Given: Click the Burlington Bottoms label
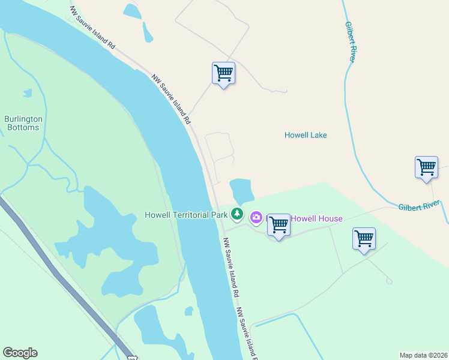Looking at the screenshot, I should click(23, 123).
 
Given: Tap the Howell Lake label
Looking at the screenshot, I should click(306, 135).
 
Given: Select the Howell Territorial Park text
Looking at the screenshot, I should click(186, 214).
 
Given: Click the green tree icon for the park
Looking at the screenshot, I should click(237, 214).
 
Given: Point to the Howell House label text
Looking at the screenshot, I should click(316, 218).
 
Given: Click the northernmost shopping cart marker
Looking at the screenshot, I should click(223, 73).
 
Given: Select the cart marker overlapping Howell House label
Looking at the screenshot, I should click(279, 225).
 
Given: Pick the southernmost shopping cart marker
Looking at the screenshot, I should click(364, 239).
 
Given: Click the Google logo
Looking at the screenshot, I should click(20, 353).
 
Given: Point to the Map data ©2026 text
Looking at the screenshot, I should click(423, 355).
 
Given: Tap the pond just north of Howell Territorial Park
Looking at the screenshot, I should click(241, 191).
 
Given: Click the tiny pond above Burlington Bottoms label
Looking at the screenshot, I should click(27, 93).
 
